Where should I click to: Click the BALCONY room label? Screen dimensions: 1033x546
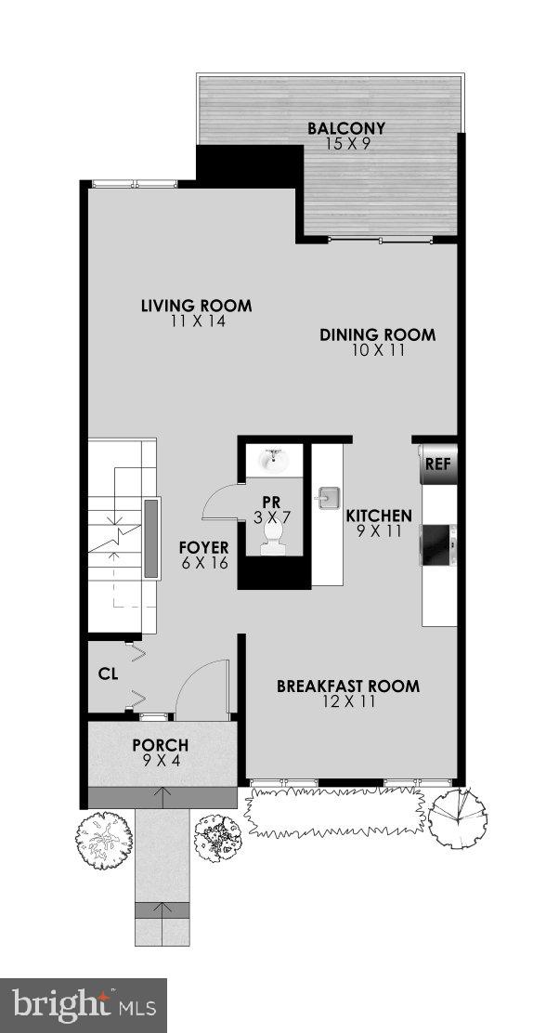(x=346, y=128)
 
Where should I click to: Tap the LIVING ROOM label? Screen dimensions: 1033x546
(x=196, y=306)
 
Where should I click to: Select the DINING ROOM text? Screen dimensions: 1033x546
(x=377, y=335)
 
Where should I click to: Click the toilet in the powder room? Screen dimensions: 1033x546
(x=272, y=537)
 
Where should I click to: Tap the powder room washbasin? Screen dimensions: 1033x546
(x=274, y=459)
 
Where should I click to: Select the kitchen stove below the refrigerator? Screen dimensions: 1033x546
(x=439, y=545)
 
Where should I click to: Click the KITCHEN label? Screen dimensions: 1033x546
(x=379, y=516)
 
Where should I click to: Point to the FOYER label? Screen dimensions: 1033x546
(x=203, y=547)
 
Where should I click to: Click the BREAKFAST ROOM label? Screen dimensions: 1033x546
(x=348, y=686)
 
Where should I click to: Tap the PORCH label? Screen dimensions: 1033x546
(x=161, y=745)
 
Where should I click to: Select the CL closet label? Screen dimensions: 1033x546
(x=108, y=674)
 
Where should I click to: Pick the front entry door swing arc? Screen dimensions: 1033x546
(x=201, y=688)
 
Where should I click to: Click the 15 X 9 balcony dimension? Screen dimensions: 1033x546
(x=346, y=144)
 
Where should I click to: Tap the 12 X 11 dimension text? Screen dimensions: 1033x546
(x=348, y=702)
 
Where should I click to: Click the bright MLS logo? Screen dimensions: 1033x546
(x=83, y=1005)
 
